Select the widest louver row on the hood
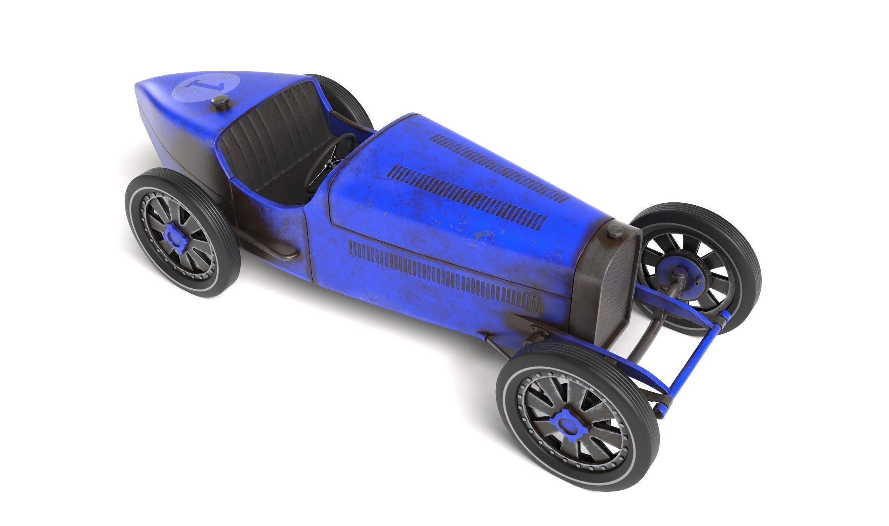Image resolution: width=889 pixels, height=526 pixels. (x=469, y=193)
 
